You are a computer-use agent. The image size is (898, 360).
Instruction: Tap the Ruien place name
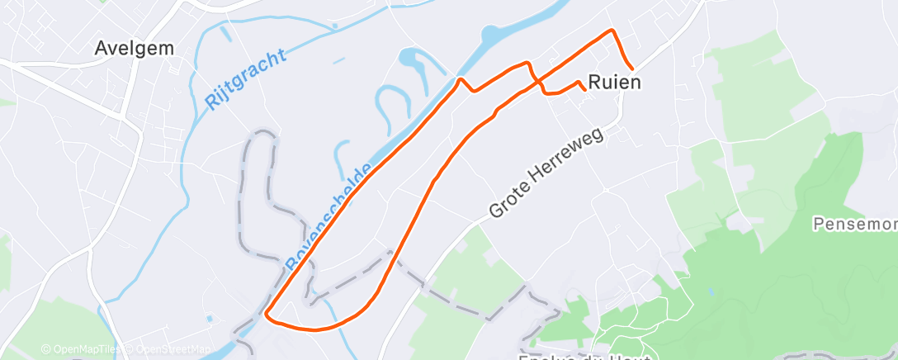point(615,83)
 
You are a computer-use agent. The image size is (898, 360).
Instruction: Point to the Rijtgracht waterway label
point(245,80)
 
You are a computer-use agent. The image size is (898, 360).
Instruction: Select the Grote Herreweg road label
point(546,173)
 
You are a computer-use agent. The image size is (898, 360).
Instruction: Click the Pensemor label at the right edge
point(854,224)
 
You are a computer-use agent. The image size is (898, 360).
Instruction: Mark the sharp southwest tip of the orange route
point(266,313)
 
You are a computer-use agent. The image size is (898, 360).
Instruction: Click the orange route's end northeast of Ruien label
point(632,69)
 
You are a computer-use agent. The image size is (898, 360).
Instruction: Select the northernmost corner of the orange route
point(612,31)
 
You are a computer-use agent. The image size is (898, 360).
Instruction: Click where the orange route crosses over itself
point(537,80)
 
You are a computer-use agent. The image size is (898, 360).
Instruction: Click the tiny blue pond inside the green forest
point(709,291)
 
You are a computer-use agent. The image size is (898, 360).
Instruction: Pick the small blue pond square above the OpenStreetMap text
point(210,319)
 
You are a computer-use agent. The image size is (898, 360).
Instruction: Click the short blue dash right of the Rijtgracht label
point(338,60)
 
